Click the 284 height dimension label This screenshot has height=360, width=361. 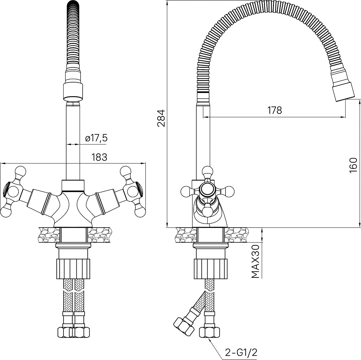(x=161, y=118)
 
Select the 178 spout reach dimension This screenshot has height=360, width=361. (x=274, y=110)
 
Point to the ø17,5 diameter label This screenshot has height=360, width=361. (x=96, y=138)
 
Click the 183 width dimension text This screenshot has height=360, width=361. (x=99, y=157)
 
